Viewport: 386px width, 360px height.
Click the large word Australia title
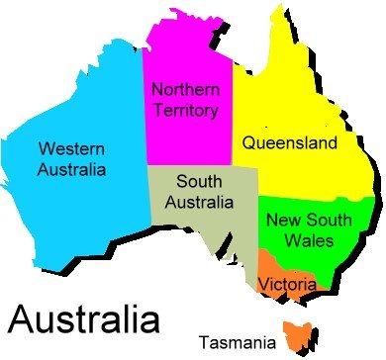[83, 318]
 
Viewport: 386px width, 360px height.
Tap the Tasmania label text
[238, 343]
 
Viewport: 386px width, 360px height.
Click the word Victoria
[287, 285]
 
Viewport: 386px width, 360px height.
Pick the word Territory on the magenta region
[186, 110]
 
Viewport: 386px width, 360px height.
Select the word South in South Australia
[198, 181]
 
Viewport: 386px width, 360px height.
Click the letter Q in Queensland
[249, 143]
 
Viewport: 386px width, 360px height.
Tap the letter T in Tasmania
[204, 343]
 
